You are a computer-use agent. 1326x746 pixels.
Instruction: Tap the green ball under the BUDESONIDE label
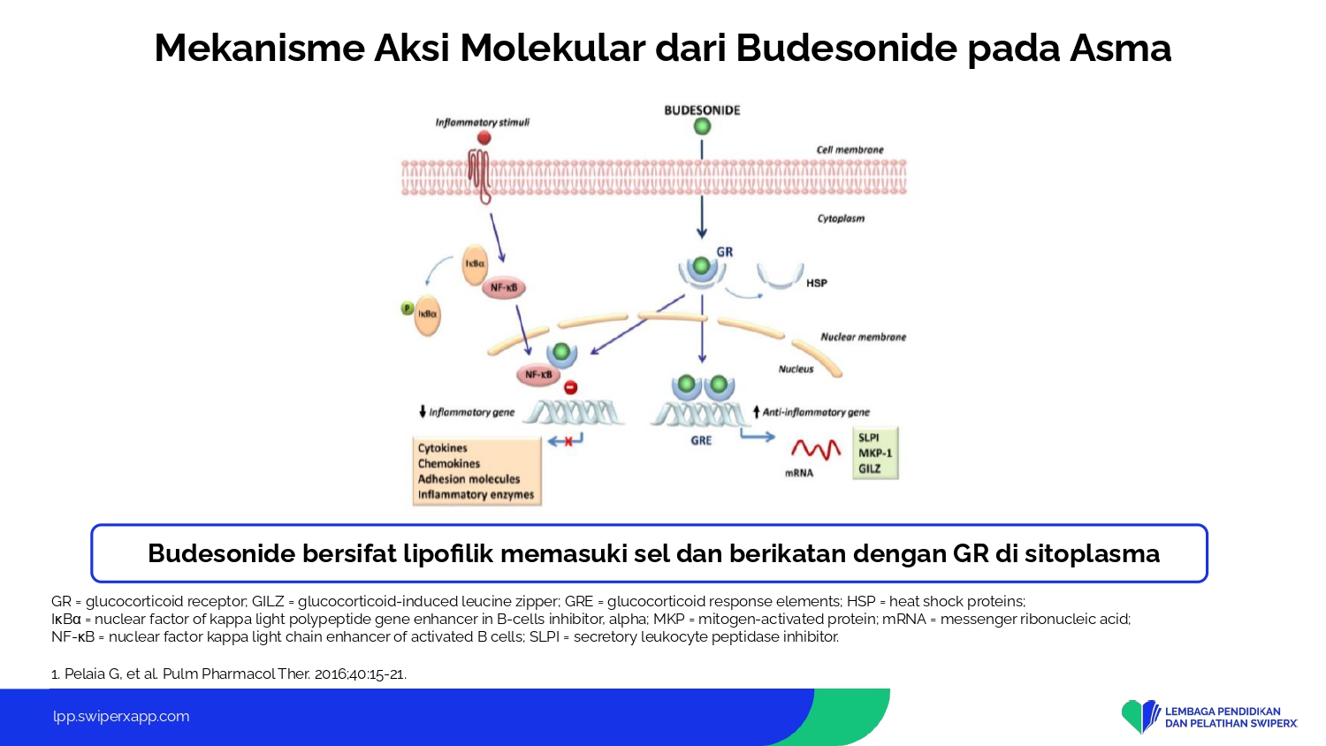click(x=702, y=126)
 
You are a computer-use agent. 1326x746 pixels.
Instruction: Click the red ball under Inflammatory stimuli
click(x=484, y=138)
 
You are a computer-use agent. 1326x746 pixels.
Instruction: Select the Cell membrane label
click(x=850, y=149)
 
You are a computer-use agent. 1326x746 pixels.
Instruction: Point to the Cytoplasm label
click(x=842, y=218)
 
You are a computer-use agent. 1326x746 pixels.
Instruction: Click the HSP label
click(x=816, y=283)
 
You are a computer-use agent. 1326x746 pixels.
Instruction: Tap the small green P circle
click(x=408, y=308)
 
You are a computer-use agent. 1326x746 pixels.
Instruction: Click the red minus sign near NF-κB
click(x=571, y=388)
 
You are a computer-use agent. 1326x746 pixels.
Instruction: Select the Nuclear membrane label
click(x=863, y=337)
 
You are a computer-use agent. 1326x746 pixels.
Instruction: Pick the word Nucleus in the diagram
click(x=796, y=369)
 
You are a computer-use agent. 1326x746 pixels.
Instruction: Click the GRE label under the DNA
click(x=701, y=440)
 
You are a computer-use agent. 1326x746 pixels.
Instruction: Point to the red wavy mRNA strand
click(x=816, y=450)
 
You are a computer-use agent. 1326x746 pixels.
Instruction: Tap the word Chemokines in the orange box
click(x=449, y=463)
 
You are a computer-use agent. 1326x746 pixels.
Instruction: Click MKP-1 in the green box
click(x=875, y=453)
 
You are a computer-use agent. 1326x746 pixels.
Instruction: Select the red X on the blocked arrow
click(x=568, y=442)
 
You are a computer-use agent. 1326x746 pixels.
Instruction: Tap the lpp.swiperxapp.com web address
click(x=121, y=717)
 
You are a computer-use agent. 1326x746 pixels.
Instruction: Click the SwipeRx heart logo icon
click(x=1140, y=717)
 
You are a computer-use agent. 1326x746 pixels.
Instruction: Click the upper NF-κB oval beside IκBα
click(x=504, y=288)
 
